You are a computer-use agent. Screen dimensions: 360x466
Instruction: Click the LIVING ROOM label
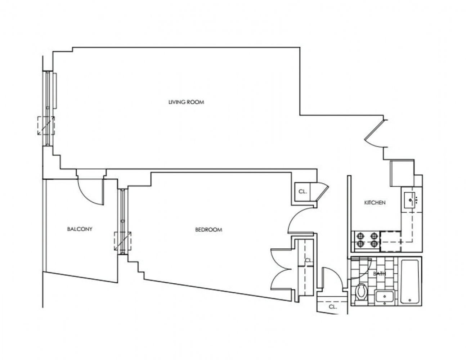point(186,102)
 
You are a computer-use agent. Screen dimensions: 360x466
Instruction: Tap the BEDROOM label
point(209,230)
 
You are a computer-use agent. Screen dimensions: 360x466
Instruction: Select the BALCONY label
point(80,229)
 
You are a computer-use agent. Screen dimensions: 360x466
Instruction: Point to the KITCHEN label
point(375,203)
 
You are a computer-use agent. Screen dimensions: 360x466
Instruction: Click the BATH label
point(379,274)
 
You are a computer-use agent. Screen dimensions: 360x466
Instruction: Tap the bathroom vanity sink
point(385,297)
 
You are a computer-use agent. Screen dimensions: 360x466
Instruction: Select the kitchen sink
point(411,200)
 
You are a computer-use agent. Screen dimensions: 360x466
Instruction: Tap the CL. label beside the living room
point(303,192)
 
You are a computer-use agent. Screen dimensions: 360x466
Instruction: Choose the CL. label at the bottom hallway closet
point(332,307)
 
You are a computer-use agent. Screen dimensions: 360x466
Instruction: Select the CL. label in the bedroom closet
point(309,260)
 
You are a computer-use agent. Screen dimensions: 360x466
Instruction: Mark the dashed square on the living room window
point(46,125)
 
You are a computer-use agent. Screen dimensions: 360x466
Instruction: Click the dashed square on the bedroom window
point(122,241)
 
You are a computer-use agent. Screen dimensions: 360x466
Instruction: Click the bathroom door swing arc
point(362,268)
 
